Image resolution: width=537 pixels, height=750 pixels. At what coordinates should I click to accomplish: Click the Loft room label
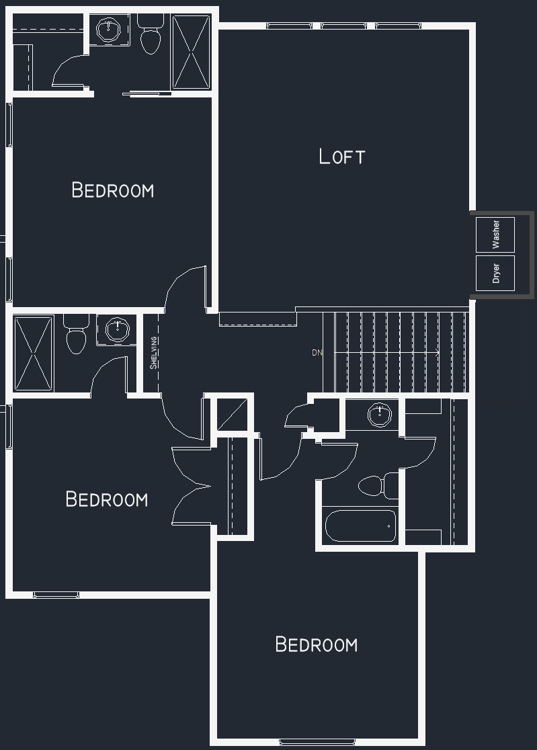342,157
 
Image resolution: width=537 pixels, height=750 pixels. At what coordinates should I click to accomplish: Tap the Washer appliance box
495,235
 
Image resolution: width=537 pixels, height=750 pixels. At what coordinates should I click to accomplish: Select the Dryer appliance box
495,273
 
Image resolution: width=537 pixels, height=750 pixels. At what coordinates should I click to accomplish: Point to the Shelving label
153,353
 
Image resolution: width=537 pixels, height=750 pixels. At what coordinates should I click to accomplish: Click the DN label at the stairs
317,353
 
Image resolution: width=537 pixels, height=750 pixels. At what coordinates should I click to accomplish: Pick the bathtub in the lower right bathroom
361,526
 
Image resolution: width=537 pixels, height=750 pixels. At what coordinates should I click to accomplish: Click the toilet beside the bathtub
378,485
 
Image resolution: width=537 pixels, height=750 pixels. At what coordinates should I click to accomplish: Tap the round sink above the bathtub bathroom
380,414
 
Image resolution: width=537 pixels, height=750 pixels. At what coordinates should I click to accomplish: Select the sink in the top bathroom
109,30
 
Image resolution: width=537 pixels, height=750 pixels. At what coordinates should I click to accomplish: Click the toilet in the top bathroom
151,34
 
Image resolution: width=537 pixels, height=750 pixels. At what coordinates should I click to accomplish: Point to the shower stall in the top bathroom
192,52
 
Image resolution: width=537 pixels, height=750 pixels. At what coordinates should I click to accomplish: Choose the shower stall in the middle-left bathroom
34,353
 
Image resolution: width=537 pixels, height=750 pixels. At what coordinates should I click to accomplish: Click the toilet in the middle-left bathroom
75,334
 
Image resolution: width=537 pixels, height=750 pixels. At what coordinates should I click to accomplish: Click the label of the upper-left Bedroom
113,190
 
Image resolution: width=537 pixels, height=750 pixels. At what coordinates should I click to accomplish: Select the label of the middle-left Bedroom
107,499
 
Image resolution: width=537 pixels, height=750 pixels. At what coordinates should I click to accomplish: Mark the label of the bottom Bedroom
317,644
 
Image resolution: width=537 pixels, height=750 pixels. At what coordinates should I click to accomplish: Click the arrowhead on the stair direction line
437,353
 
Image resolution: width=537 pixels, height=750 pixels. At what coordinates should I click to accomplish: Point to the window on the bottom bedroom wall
317,742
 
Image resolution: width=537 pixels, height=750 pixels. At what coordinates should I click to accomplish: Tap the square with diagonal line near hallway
233,414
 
